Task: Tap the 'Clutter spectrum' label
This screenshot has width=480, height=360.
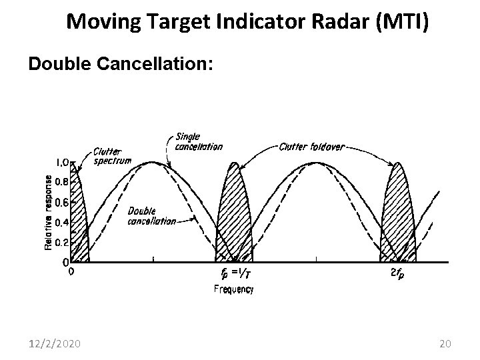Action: coord(113,156)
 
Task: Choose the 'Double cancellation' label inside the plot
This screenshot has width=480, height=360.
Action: coord(151,215)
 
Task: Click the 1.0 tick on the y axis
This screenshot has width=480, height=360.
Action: coord(61,162)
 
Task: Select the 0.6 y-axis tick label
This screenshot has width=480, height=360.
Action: coord(60,202)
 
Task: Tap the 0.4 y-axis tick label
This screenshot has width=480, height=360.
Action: coord(60,222)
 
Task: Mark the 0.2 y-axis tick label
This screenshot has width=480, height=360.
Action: coord(60,242)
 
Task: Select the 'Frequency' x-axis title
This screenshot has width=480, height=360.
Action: coord(233,289)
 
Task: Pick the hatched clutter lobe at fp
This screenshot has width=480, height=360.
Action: coord(234,213)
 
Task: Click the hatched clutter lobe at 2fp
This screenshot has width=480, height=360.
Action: coord(398,213)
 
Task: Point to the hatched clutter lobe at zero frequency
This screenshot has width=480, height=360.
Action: coord(79,220)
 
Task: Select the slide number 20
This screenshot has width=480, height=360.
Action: coord(446,343)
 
